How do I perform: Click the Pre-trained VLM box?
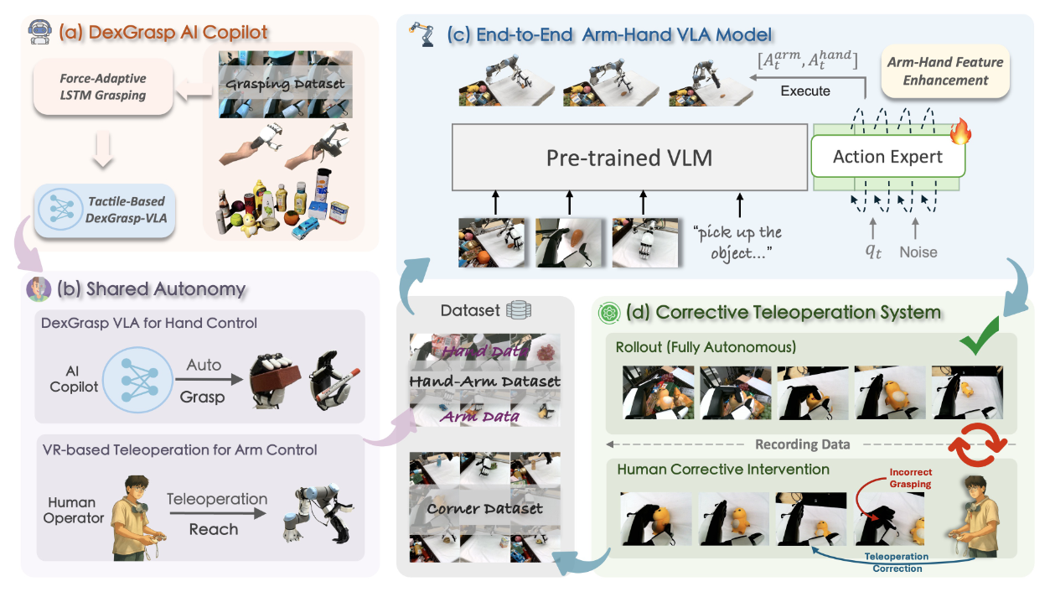click(x=628, y=158)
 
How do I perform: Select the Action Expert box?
click(x=887, y=157)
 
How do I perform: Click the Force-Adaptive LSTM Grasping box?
click(x=102, y=88)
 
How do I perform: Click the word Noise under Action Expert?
click(x=918, y=252)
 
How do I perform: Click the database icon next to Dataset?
click(x=518, y=311)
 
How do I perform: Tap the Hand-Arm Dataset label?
click(x=485, y=382)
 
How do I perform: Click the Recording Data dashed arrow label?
click(x=802, y=444)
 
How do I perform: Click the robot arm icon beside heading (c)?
click(x=421, y=35)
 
